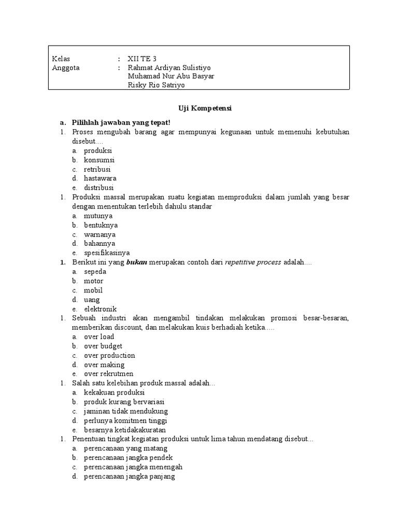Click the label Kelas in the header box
[x=61, y=59]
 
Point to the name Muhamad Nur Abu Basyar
[x=170, y=77]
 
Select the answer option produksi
[x=98, y=150]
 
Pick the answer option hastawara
[x=101, y=178]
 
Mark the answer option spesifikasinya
[x=107, y=253]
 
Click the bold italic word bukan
[x=137, y=262]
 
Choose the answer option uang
[x=92, y=300]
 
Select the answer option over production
[x=109, y=356]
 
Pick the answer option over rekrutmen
[x=108, y=374]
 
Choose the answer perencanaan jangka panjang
[x=129, y=477]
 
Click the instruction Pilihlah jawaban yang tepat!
[x=121, y=122]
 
